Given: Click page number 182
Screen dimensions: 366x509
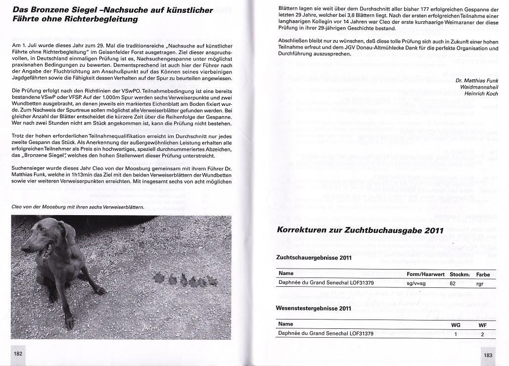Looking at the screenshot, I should pos(18,354).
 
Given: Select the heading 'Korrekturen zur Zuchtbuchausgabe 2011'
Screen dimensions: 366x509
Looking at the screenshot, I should pos(360,230).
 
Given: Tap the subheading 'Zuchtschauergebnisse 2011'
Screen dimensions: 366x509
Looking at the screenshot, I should pos(314,258).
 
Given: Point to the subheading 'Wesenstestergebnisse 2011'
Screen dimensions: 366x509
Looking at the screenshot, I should pos(314,308).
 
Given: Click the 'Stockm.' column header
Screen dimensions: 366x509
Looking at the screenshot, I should pos(460,274).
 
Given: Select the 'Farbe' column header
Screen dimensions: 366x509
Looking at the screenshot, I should pos(483,274).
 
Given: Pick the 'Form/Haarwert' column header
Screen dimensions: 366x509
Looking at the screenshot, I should pos(425,274).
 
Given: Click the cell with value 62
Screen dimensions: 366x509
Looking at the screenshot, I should pos(453,283).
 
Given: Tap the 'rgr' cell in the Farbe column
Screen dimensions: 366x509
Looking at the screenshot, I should pos(480,284).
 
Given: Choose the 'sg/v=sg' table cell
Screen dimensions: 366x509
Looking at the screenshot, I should pos(416,283).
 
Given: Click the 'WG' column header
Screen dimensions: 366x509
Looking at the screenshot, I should pos(456,325).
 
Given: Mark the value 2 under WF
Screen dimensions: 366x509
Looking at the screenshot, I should pos(482,334).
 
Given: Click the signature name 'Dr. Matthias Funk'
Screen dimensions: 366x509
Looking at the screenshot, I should pos(476,80).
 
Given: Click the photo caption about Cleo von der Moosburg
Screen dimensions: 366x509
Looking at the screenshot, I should pos(77,207).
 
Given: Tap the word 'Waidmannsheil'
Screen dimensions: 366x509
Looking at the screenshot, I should pos(479,87).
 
